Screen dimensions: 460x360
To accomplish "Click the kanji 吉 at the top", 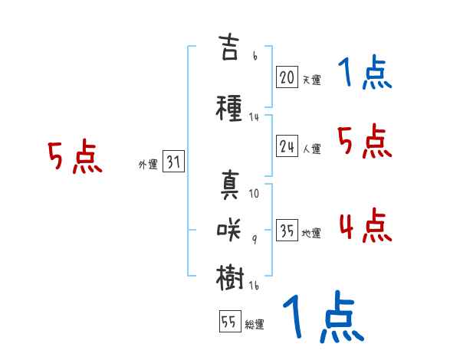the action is click(x=230, y=48).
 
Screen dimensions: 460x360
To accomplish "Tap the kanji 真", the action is click(x=230, y=186).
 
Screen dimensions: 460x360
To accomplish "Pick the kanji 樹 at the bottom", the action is click(x=230, y=277).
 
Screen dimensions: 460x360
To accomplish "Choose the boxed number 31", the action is click(x=173, y=162).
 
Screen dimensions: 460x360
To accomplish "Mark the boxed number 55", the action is click(x=229, y=322).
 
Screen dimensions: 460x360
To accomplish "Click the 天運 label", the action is click(x=311, y=78).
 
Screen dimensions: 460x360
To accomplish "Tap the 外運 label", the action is click(x=147, y=164).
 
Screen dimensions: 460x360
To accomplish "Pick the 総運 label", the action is click(x=255, y=324).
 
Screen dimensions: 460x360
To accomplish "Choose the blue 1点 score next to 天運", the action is click(x=365, y=74).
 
